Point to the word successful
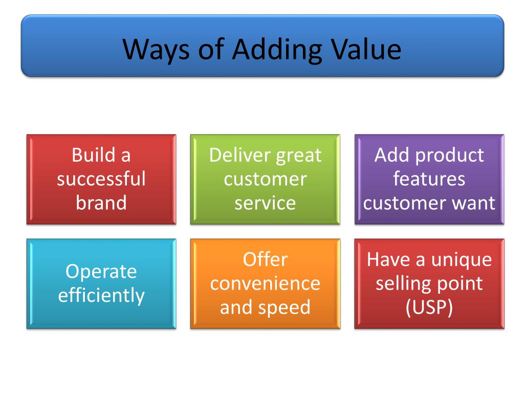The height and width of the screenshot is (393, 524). (x=101, y=179)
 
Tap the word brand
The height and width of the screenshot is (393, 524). (x=101, y=203)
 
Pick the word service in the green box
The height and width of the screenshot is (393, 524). (x=265, y=203)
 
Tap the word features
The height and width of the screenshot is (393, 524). (x=429, y=179)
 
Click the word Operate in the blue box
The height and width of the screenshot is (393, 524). (x=101, y=271)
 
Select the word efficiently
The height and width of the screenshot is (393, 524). (x=101, y=295)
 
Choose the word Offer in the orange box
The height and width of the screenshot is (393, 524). (x=265, y=259)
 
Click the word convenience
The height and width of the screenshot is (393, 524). (x=265, y=283)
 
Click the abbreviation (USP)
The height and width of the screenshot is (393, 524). (x=429, y=308)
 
